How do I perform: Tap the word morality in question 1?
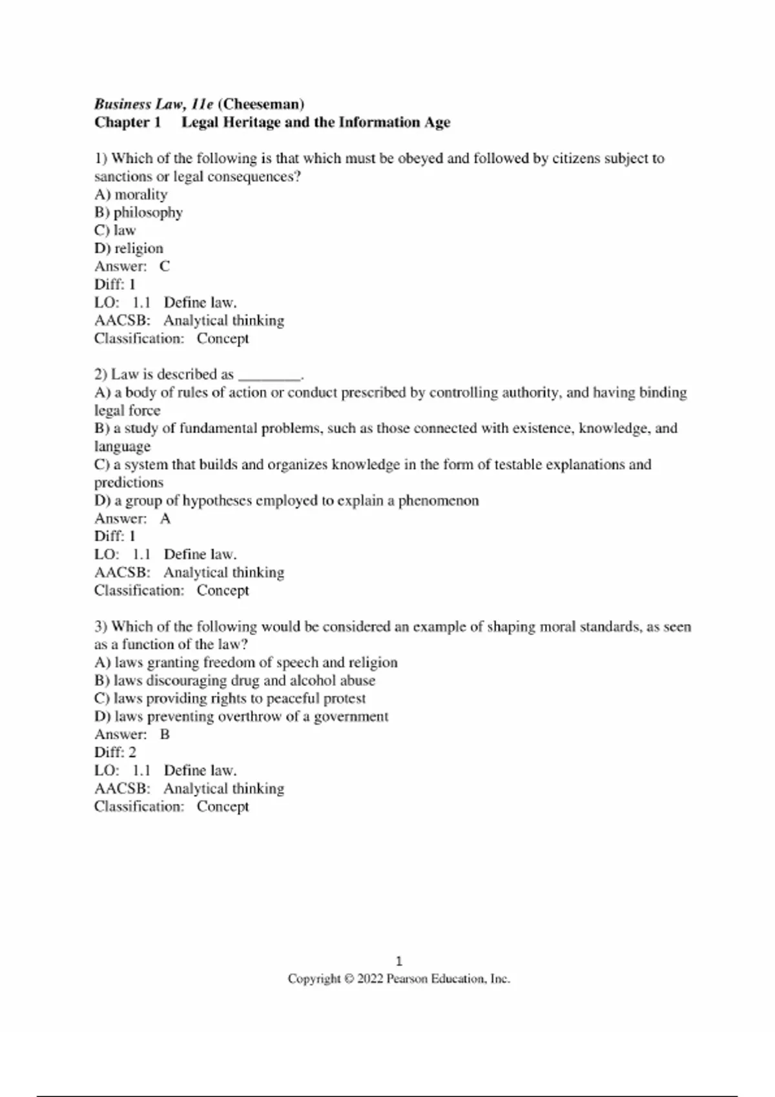click(x=141, y=194)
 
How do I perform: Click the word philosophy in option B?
click(x=148, y=212)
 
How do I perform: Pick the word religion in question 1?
click(x=139, y=248)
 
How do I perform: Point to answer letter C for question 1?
click(x=165, y=266)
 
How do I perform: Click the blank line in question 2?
click(x=269, y=375)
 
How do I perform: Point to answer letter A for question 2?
click(x=165, y=518)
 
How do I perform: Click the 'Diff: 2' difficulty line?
click(x=115, y=752)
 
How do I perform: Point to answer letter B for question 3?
click(x=165, y=734)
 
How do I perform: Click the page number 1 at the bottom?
click(x=398, y=961)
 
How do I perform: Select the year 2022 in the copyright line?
click(x=370, y=979)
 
